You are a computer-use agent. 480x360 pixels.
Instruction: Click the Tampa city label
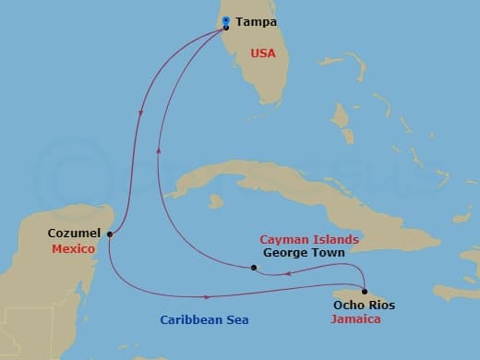click(x=255, y=22)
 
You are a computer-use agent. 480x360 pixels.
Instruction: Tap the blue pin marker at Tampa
click(x=226, y=22)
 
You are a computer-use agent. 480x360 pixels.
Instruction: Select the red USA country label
click(x=263, y=54)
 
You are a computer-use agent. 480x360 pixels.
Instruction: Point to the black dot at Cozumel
click(x=110, y=234)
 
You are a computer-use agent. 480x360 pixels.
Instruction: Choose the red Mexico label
click(x=71, y=248)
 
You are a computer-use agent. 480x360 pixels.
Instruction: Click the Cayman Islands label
click(x=309, y=238)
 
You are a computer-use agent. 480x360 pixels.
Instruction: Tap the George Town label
click(x=304, y=252)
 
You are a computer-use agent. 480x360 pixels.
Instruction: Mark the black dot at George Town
click(x=254, y=269)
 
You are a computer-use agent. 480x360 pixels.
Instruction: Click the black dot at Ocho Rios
click(x=365, y=292)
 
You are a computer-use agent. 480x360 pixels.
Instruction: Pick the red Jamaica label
click(x=355, y=318)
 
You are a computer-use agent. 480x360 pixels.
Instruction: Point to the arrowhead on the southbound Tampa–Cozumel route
click(x=139, y=114)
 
